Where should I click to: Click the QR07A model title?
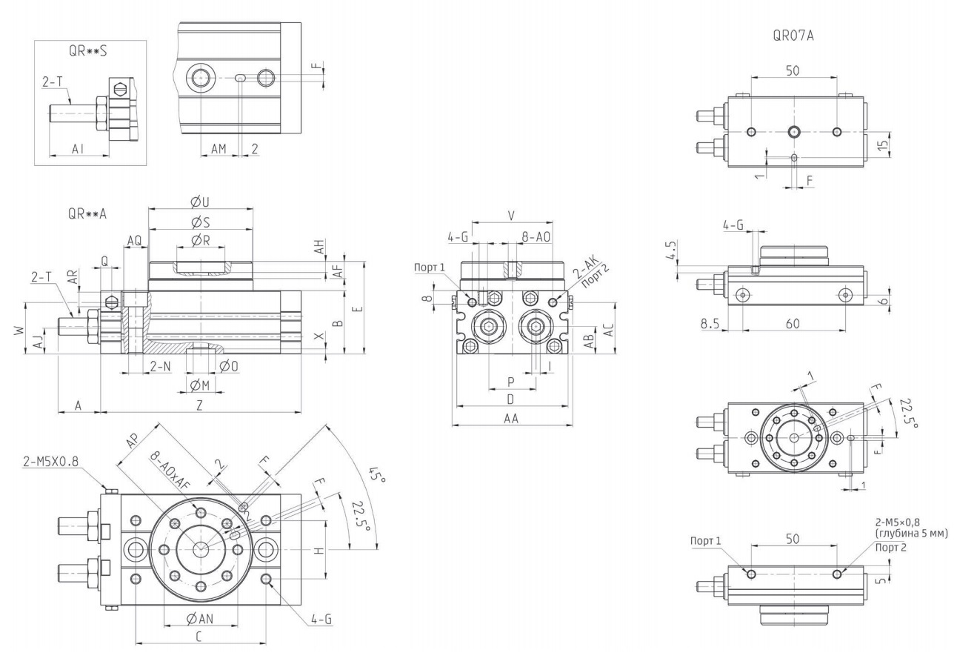(x=793, y=36)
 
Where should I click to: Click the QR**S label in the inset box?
(x=88, y=51)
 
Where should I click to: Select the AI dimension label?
(x=78, y=149)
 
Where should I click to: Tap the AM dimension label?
(x=219, y=149)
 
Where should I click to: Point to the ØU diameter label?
(x=201, y=202)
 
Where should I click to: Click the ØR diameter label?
(x=201, y=240)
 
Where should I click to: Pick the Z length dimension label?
(x=199, y=405)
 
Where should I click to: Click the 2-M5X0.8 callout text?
(x=51, y=461)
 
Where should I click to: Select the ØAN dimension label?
(x=200, y=618)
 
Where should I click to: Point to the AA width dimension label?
(x=511, y=419)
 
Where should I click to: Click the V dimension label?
(x=511, y=216)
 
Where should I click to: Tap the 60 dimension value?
(x=793, y=324)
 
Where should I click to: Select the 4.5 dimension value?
(x=672, y=250)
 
